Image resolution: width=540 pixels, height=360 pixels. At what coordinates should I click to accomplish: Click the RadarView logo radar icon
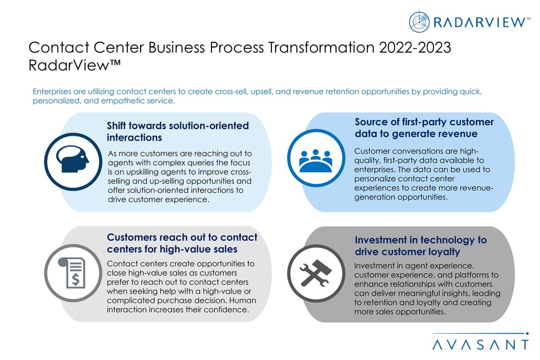pos(419,22)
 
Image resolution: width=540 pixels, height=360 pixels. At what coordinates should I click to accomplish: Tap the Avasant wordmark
pos(480,345)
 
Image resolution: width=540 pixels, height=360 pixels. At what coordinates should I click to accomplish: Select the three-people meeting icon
pos(316,160)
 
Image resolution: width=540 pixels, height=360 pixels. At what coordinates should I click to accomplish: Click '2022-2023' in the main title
pos(415,47)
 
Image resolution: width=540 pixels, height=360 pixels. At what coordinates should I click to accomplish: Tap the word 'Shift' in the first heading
pos(116,126)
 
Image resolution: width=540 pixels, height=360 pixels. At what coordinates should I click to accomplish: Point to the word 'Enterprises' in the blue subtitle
pos(52,91)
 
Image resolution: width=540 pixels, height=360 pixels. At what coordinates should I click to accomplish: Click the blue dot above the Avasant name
pos(527,333)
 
